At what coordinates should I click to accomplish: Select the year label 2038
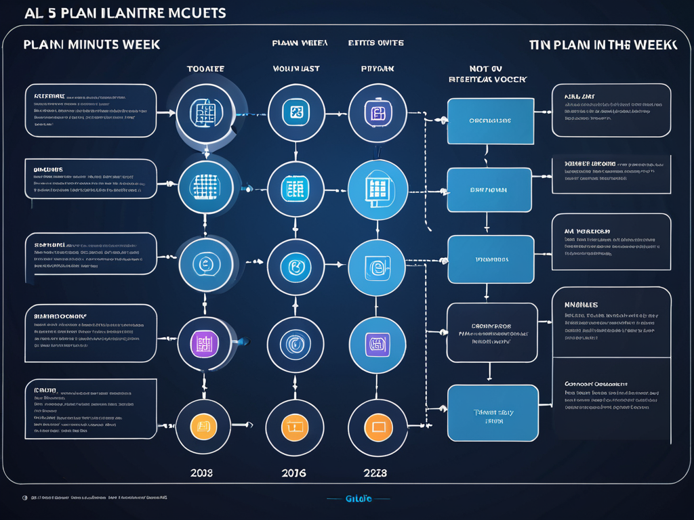pos(201,473)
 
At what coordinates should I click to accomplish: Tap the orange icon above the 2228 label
pos(377,427)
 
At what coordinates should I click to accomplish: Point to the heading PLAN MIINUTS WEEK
pos(91,45)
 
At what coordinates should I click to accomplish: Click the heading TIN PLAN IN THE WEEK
pos(603,45)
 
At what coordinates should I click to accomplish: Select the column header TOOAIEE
pos(205,68)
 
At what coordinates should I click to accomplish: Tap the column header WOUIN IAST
pos(296,68)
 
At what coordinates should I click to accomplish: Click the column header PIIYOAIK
pos(377,68)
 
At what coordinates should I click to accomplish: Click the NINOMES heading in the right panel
pos(581,305)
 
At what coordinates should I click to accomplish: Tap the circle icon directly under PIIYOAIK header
pos(377,112)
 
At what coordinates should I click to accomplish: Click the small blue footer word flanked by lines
pos(359,499)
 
